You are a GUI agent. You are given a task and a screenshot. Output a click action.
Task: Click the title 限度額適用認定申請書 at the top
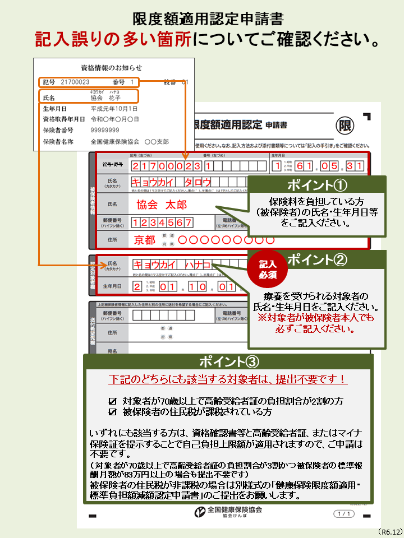tap(207, 19)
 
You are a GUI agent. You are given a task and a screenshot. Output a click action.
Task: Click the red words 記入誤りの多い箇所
tap(112, 39)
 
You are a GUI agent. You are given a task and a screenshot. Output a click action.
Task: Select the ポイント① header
tap(317, 185)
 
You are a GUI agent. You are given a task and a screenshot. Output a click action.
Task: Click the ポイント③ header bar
tap(227, 361)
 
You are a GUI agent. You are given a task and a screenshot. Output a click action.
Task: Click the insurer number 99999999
tap(105, 130)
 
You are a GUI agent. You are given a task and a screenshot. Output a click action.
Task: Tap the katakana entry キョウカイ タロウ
tap(171, 182)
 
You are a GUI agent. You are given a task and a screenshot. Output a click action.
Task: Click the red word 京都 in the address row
tap(144, 240)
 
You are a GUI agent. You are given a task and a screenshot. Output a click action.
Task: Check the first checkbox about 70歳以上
tap(112, 401)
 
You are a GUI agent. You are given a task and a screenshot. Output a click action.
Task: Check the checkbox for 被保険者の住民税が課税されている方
tap(112, 412)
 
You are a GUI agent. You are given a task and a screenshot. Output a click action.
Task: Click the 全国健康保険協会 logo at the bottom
tap(227, 513)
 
